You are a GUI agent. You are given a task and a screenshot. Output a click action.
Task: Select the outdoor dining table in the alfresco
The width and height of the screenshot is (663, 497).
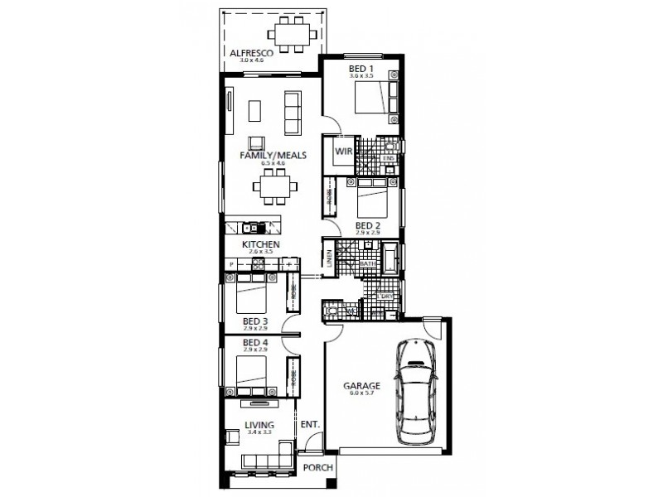[293, 36]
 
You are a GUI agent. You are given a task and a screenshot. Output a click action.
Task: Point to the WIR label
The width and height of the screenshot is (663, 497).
[343, 152]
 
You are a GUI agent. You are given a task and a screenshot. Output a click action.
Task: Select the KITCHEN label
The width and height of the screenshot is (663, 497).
[260, 245]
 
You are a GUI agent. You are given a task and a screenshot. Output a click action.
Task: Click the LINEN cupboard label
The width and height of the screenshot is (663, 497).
[329, 259]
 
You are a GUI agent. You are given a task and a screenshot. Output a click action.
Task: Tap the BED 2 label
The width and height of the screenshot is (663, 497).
[367, 224]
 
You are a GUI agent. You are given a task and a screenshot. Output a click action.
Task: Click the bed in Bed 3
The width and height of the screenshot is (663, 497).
[252, 293]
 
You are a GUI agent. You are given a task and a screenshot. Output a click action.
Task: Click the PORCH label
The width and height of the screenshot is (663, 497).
[317, 467]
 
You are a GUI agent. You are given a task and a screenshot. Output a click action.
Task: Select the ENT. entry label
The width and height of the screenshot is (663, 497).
[310, 424]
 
